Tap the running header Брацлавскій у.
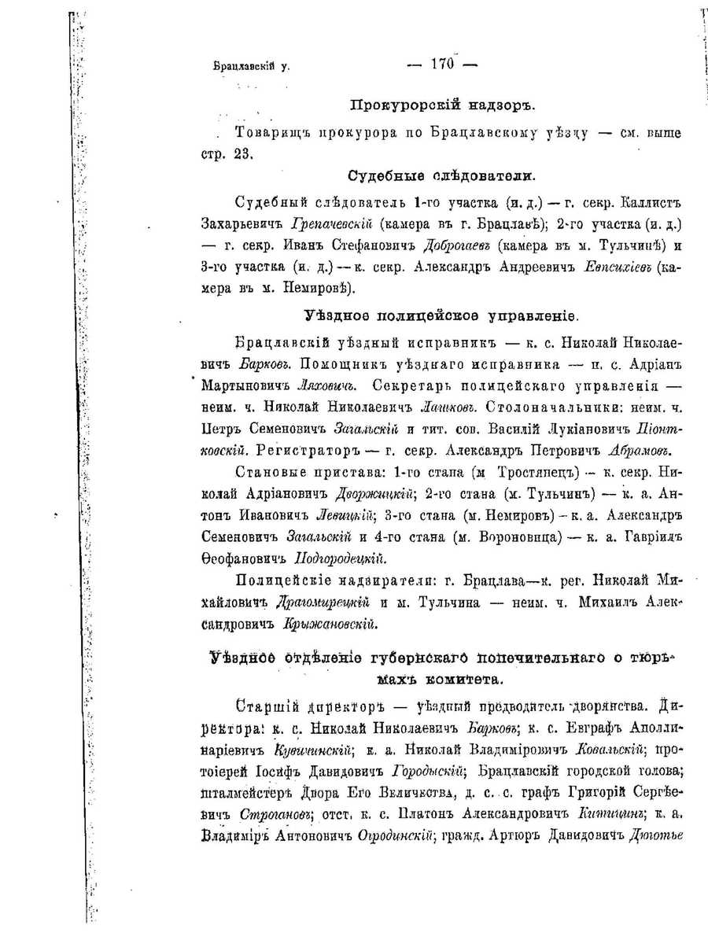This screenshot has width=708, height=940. coord(252,68)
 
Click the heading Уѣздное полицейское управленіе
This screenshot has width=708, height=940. coord(441,316)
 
